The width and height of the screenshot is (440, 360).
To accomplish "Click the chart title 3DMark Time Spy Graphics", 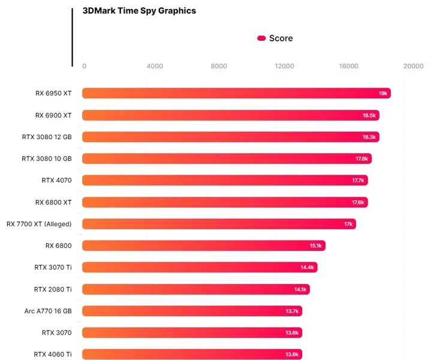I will pos(139,11).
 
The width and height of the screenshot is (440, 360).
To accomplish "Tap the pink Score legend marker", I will pos(261,38).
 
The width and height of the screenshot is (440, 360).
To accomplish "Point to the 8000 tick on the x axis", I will pos(219,67).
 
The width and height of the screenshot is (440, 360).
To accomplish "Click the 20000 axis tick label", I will pos(413,67).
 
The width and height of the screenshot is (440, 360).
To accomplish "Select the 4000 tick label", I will pos(155,67).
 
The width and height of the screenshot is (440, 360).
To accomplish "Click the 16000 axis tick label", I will pos(348,67).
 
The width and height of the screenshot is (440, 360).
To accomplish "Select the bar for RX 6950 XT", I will pos(236,93).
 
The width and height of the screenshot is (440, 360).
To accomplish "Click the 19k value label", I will pos(382,94).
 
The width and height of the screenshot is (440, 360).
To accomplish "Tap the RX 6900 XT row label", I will pos(53,115).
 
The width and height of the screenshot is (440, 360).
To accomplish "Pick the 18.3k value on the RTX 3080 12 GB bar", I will pos(369,137).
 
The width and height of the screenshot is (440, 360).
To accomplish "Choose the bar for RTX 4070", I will pos(225,180).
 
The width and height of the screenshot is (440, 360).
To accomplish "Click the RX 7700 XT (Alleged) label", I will pos(39,224).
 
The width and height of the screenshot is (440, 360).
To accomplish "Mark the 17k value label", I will pos(348,224).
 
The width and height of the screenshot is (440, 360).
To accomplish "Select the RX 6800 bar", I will pos(204,245).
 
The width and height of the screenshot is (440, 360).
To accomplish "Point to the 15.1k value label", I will pos(316,246).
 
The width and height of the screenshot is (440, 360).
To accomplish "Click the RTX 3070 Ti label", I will pos(53,267).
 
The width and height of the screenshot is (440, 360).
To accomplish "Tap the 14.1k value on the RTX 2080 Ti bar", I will pos(300,290).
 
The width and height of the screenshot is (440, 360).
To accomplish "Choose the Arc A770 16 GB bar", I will pos(192,311).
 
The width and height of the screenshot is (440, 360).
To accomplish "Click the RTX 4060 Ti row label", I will pos(53,354).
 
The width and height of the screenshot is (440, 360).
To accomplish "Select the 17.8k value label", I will pos(361,159).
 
